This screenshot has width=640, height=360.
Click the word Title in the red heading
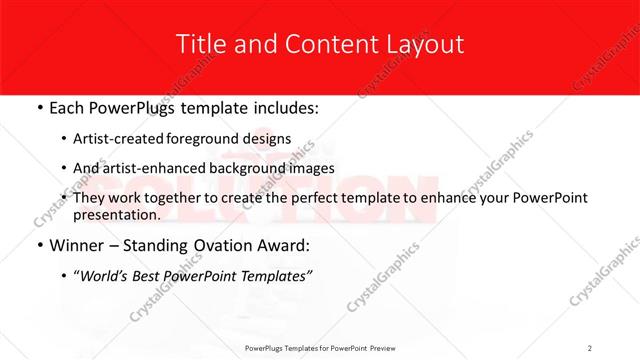pyautogui.click(x=198, y=44)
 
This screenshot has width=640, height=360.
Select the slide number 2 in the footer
pyautogui.click(x=590, y=347)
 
